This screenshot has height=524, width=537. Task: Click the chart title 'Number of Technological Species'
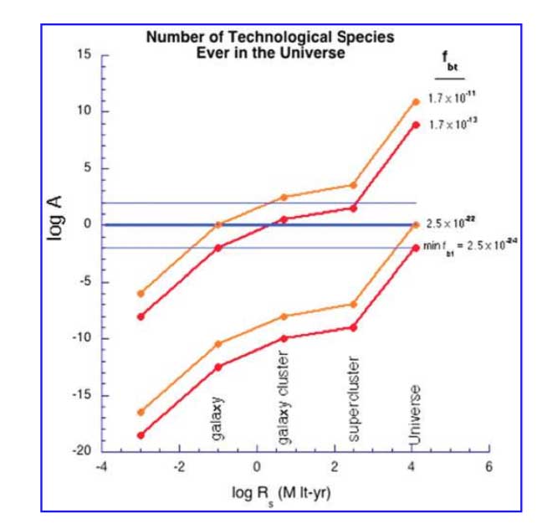[x=270, y=38]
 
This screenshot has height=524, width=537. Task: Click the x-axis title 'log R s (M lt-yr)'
[x=281, y=491]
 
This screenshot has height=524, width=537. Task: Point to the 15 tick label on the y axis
[x=84, y=54]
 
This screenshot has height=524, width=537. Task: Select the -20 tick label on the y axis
[x=81, y=451]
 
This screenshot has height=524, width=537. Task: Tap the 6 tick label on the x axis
[x=488, y=466]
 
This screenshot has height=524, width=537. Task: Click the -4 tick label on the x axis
[x=102, y=466]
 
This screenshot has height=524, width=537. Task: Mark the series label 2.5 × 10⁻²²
[x=451, y=223]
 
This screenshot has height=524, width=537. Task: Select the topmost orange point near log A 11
[x=416, y=102]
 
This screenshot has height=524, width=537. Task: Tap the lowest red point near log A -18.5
[x=141, y=435]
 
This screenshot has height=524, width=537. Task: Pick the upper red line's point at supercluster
[x=353, y=208]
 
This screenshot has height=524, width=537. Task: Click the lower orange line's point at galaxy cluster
[x=284, y=316]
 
